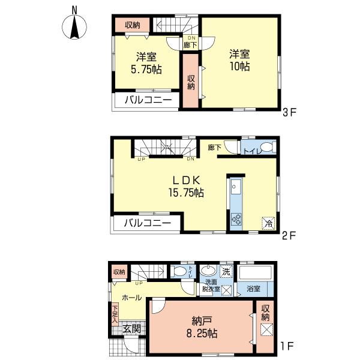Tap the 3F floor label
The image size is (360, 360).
point(290,111)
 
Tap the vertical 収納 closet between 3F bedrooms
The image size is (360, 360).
point(190,82)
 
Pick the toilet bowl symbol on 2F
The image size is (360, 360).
point(266,147)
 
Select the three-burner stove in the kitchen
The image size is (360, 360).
point(235,220)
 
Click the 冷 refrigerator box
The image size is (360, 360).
point(268,223)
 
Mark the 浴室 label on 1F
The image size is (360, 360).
point(253,289)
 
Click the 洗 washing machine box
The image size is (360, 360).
point(226,271)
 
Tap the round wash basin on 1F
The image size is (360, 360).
point(208,270)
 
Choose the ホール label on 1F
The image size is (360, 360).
point(131,298)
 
